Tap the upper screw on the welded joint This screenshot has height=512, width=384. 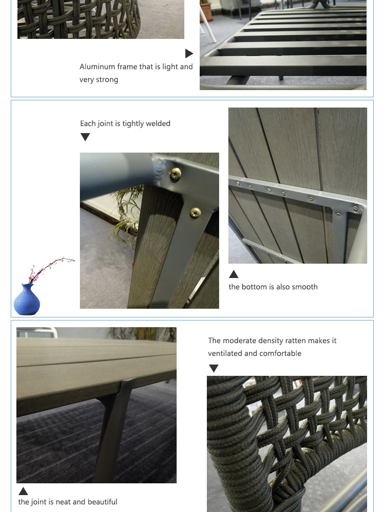point(176,174)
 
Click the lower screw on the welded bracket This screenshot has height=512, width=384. point(196,212)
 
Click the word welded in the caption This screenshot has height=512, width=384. point(158,123)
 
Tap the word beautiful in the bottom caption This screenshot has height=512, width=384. point(102,502)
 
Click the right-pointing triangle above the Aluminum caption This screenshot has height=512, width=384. point(189,53)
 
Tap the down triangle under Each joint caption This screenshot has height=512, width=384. point(85,137)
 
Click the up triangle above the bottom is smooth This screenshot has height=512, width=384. point(233,274)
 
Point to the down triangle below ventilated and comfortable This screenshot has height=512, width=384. point(214,368)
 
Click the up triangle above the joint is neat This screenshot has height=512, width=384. point(23,491)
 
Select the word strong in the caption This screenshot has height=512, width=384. point(107,80)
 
